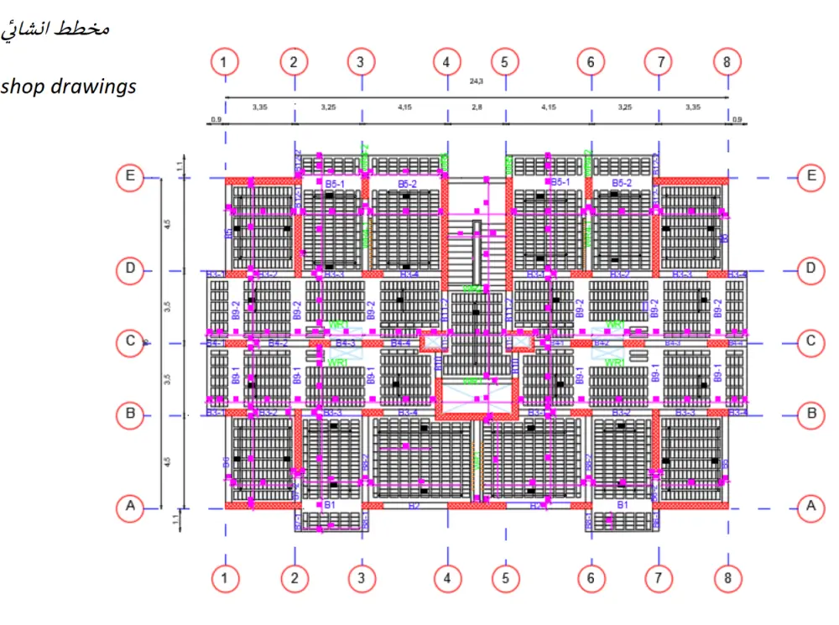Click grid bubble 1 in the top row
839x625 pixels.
224,62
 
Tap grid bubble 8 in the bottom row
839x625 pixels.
727,578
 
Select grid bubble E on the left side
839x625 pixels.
129,176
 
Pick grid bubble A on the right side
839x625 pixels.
810,506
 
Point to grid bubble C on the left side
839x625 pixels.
129,341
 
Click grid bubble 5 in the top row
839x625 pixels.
504,62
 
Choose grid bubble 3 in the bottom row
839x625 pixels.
361,578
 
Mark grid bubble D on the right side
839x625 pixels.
810,268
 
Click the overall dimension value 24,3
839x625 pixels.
477,82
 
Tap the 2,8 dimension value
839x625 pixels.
476,108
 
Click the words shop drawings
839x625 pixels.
68,86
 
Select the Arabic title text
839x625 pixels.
55,28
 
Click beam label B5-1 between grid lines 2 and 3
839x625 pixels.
336,182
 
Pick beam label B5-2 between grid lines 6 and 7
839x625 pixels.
621,182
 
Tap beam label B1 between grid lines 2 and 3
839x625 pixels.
330,505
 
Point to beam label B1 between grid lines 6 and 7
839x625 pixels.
622,505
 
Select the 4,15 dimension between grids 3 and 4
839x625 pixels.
404,108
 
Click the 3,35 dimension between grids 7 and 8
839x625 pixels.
692,108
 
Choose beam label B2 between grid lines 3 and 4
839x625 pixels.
414,505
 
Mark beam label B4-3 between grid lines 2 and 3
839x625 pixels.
346,342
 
